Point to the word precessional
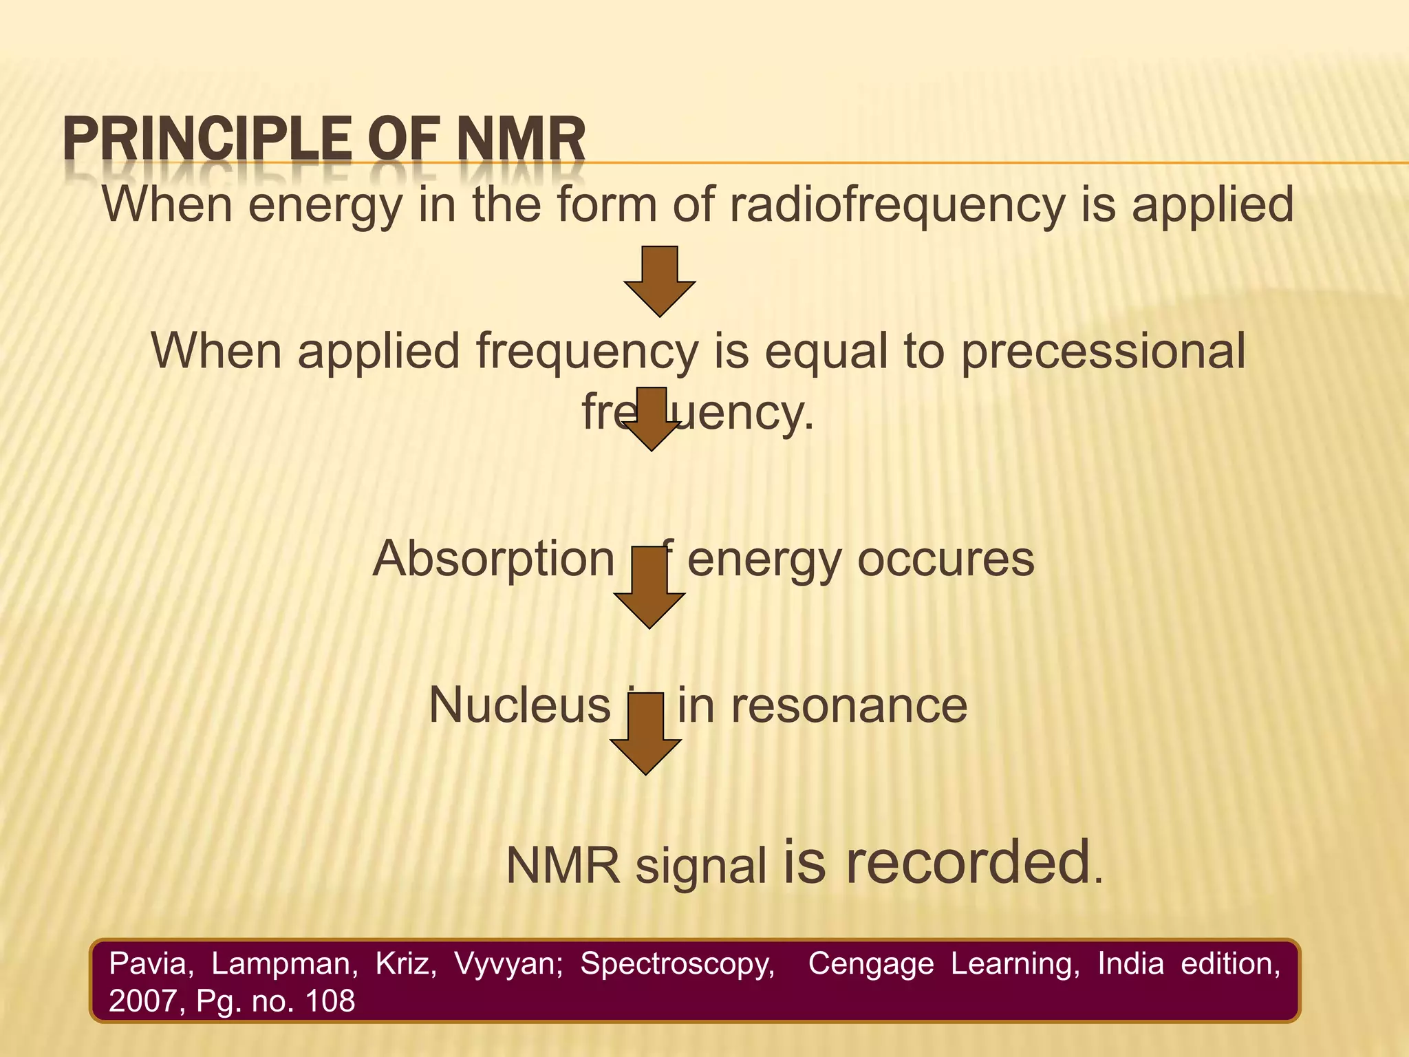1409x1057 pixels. click(x=1103, y=351)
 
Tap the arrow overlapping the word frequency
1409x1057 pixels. click(x=651, y=418)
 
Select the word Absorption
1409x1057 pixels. click(x=493, y=559)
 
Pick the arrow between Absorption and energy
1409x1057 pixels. click(x=649, y=587)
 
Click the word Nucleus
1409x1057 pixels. click(x=519, y=705)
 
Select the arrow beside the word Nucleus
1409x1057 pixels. click(x=646, y=734)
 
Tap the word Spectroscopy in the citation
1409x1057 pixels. click(x=677, y=964)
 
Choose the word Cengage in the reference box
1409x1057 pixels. click(x=870, y=964)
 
